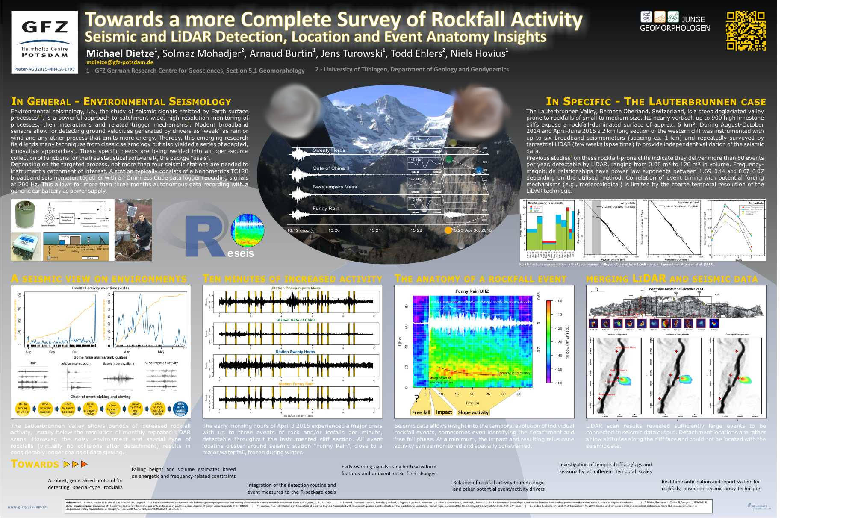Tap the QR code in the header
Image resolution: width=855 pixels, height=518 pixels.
coord(746,31)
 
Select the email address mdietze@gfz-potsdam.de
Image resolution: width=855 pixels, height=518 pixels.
coord(120,62)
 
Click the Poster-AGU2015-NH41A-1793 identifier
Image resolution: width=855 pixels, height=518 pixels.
coord(44,69)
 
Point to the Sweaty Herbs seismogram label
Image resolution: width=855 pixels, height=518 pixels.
coord(328,150)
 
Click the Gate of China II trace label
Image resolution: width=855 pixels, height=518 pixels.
coord(330,168)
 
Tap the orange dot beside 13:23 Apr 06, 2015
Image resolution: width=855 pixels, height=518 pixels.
coord(448,230)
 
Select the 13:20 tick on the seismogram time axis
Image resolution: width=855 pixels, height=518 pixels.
coord(334,230)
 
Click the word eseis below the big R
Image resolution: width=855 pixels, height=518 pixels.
coord(241,253)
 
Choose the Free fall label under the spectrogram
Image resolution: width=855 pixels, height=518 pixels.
coord(421,412)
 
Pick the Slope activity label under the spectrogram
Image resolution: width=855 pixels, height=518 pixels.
coord(473,412)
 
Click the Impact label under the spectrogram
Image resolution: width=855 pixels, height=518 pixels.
coord(444,412)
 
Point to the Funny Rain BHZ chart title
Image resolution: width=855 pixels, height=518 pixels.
coord(472,291)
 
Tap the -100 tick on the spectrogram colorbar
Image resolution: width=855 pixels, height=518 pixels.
coord(558,301)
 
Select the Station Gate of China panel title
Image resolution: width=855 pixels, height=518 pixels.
coord(296,320)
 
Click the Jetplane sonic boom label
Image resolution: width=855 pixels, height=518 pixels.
coord(76,363)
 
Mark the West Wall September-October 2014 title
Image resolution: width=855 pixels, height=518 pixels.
coord(676,289)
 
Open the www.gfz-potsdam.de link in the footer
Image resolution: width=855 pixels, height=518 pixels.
coord(27,507)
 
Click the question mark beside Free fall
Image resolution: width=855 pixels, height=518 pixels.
coord(417,399)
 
